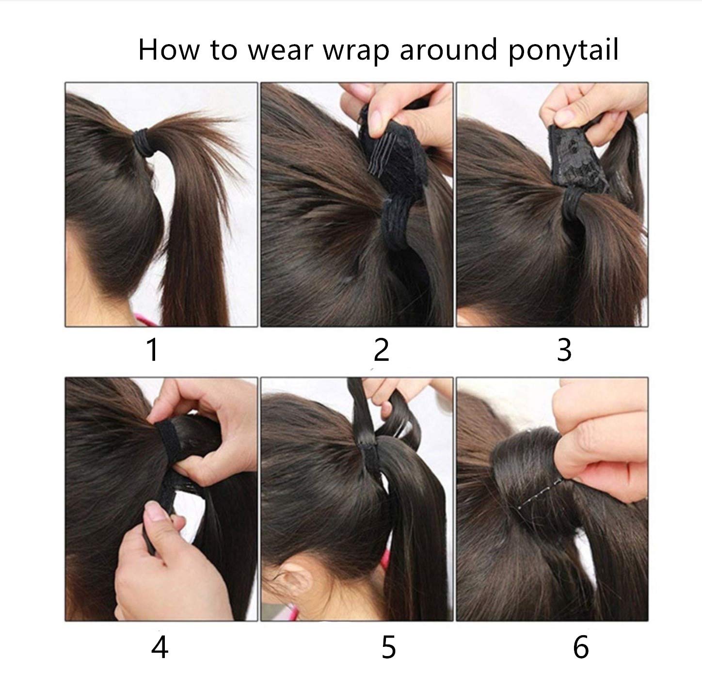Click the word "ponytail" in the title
click(563, 51)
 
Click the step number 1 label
click(153, 349)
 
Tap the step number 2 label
click(382, 349)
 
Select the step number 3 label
click(564, 349)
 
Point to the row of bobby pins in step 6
click(539, 493)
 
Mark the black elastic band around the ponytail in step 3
click(573, 203)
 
